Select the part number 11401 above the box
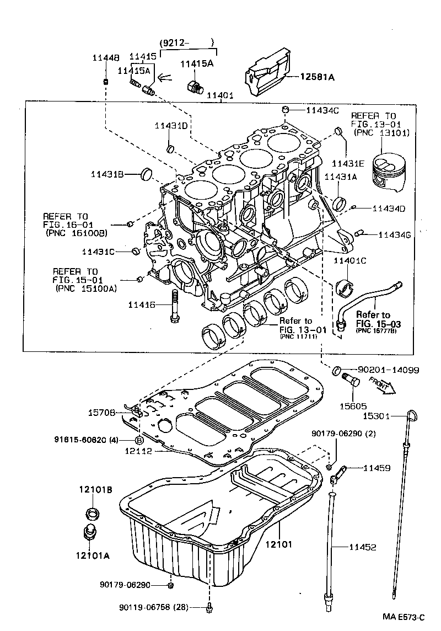click(x=220, y=95)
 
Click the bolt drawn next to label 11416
click(x=174, y=307)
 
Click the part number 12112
click(x=138, y=451)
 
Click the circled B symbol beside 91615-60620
click(x=139, y=440)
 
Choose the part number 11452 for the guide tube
click(x=362, y=547)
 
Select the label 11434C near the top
click(x=322, y=110)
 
